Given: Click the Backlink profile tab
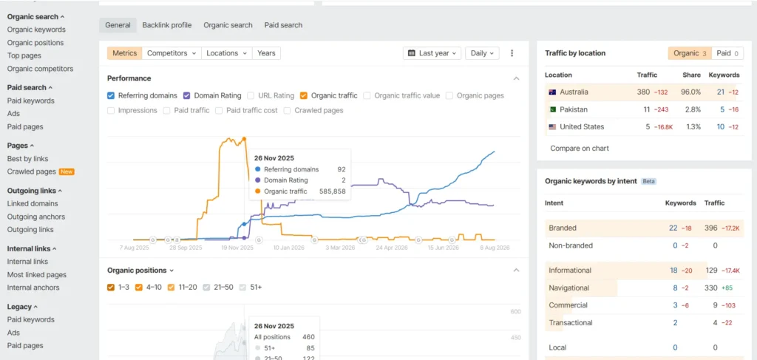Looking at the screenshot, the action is (166, 25).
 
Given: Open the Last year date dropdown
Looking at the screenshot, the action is (432, 53).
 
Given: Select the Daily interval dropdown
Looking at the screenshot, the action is (482, 53).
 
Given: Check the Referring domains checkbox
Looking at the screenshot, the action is (111, 95).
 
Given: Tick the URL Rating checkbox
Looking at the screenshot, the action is (251, 95).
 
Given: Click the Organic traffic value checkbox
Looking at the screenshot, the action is (367, 95).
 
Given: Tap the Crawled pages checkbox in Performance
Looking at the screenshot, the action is (287, 110).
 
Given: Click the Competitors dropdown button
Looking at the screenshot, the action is (172, 53).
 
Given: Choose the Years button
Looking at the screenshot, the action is (266, 53).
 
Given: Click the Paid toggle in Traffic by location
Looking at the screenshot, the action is (728, 53).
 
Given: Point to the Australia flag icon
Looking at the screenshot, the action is (553, 92).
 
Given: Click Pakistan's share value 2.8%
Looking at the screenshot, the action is (692, 109).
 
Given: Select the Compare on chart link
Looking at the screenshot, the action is (580, 148).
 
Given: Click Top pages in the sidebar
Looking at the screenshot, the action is (24, 55).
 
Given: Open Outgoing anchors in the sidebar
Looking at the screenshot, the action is (36, 217).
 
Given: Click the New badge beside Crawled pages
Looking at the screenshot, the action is (67, 171).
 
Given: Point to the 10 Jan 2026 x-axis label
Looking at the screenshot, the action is (289, 248).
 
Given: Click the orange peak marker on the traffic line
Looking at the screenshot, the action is (244, 139).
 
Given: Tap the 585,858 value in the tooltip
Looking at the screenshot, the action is (333, 191).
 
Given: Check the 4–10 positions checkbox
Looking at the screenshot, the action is (139, 288).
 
